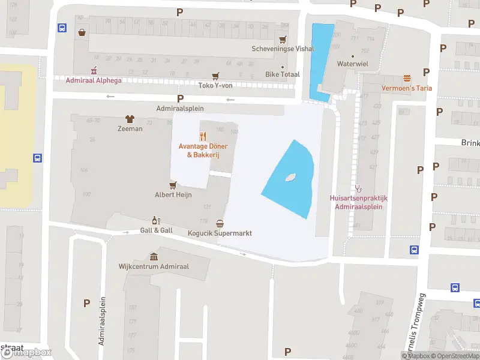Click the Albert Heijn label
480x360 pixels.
tap(173, 194)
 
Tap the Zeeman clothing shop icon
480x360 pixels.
tap(130, 119)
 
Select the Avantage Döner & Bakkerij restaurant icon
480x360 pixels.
tap(203, 136)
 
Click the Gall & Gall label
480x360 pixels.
tap(156, 230)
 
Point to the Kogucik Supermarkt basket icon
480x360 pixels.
tap(220, 223)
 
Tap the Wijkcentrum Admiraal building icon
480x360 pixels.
tap(154, 256)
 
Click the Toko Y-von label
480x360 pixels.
tap(215, 85)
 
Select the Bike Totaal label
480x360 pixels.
tap(282, 75)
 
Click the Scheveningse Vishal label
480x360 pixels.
tap(282, 49)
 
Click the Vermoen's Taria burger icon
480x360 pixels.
tap(407, 78)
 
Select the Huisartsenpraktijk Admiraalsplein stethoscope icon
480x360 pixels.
tap(359, 188)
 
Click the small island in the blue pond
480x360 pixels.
tap(291, 177)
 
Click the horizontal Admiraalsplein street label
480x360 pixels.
tap(180, 109)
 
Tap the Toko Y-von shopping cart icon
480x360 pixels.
tap(215, 76)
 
